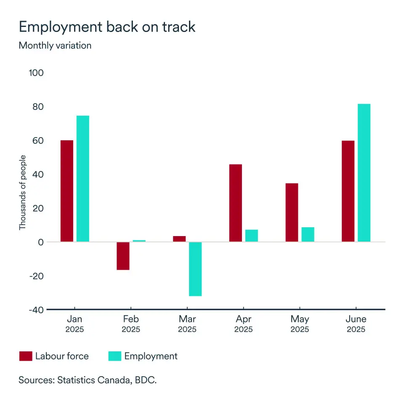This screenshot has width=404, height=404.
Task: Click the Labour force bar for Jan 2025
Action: point(67,191)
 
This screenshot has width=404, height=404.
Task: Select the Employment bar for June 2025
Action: point(364,173)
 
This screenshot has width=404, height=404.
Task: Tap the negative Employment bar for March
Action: point(195,269)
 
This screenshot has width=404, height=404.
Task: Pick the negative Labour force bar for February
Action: point(123,256)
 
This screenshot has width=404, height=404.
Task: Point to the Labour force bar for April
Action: point(236,203)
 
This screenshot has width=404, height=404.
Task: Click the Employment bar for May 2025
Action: point(308,234)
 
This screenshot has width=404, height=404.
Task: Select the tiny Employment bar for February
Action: point(139,241)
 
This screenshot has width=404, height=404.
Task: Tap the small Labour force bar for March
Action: point(179,239)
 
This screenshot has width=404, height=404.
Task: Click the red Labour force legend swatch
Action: point(26,356)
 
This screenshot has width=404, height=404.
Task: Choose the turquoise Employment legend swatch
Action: point(115,356)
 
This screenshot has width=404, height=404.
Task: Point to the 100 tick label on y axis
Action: point(36,73)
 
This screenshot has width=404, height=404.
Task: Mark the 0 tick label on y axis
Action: point(41,242)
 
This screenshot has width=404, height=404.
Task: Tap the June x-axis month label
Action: point(356,319)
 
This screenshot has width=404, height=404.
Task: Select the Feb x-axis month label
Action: point(131,319)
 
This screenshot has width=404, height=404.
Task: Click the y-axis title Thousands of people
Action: point(23,192)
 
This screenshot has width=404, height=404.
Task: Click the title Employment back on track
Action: point(107,27)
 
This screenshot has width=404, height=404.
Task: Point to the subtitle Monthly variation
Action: point(55,45)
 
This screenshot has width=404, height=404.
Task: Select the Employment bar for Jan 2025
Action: point(83,178)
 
